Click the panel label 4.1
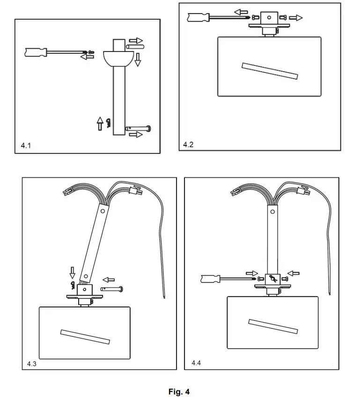pos(26,146)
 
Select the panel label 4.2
pos(188,145)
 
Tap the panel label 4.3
pos(31,363)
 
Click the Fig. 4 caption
pos(179,392)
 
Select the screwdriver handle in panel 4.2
pos(197,17)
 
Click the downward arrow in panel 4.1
pos(138,59)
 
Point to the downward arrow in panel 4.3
pos(72,272)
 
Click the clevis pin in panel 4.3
pos(112,290)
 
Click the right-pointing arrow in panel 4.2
pos(295,18)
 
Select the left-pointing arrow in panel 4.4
pos(294,273)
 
